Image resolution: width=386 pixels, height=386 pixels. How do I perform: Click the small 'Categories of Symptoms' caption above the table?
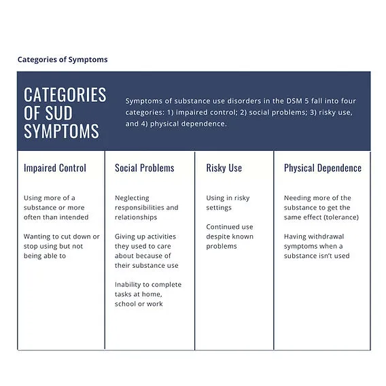[63, 60]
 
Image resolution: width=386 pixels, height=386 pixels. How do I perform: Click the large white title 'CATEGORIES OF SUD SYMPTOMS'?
[65, 112]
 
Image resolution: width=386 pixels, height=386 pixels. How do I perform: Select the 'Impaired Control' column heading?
[55, 168]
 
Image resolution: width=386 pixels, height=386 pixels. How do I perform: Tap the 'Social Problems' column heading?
[144, 168]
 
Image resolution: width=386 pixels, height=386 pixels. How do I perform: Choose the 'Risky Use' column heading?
[224, 168]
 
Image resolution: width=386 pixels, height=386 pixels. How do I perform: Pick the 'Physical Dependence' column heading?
[322, 168]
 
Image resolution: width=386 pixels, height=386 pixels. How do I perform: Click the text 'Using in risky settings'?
[228, 203]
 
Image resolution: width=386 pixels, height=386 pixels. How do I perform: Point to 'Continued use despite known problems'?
[230, 236]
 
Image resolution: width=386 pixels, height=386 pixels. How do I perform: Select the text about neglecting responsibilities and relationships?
[146, 207]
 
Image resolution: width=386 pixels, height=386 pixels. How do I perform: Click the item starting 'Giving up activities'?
[146, 251]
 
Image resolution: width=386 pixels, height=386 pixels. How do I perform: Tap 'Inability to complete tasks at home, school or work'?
[147, 294]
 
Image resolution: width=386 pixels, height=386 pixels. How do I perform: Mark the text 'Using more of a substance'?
[56, 207]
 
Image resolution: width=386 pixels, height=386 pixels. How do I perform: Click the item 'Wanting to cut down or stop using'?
[61, 246]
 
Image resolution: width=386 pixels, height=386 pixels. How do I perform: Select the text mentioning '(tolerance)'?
[321, 207]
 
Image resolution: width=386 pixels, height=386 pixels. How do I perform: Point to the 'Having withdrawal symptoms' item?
[317, 246]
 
